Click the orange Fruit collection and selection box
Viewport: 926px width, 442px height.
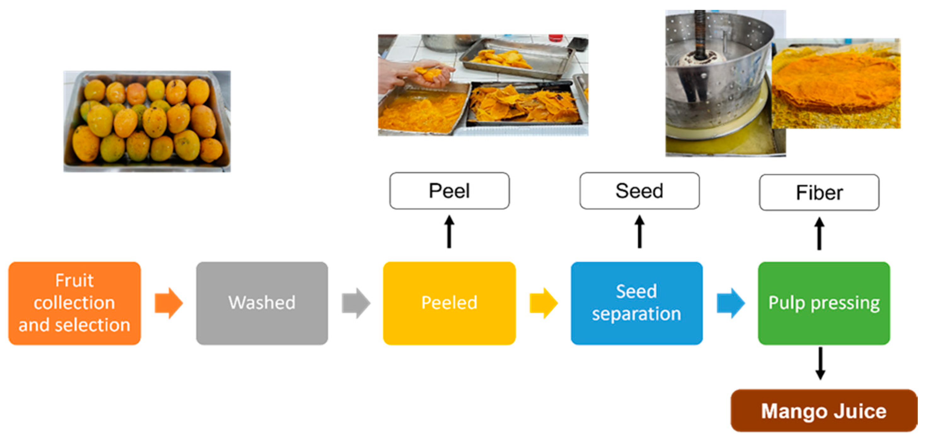click(x=74, y=303)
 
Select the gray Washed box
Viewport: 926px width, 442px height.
click(x=262, y=303)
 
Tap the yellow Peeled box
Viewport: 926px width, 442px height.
click(x=449, y=303)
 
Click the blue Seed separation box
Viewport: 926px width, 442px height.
click(x=636, y=303)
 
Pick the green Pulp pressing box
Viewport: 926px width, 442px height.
click(x=824, y=303)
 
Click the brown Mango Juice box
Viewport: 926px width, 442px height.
click(x=824, y=410)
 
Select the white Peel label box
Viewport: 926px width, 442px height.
click(x=449, y=190)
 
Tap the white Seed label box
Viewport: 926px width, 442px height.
click(x=639, y=190)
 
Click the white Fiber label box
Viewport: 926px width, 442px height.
click(x=819, y=192)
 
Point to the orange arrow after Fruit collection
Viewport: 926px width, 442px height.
click(x=169, y=303)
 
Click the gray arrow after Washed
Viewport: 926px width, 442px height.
click(x=356, y=303)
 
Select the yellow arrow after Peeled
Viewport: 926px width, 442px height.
click(x=543, y=303)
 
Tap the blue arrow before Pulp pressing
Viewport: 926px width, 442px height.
click(x=731, y=303)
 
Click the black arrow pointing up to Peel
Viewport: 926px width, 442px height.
click(x=449, y=232)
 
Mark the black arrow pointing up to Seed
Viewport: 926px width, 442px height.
click(x=639, y=232)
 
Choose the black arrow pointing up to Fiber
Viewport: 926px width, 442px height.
click(x=819, y=234)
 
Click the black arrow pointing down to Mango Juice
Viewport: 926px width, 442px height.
click(x=820, y=363)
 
